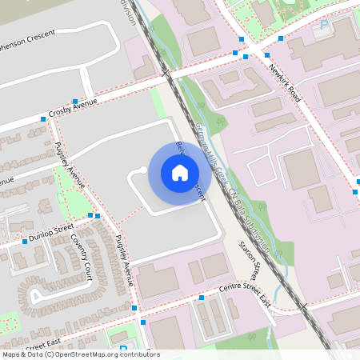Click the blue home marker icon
180,172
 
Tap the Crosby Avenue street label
72,110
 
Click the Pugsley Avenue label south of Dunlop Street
123,262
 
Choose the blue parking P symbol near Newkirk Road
323,25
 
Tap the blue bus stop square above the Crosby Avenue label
74,102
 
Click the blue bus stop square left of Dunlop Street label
25,241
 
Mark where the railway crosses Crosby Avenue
167,74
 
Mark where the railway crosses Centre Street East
302,306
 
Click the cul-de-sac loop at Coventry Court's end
36,298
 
